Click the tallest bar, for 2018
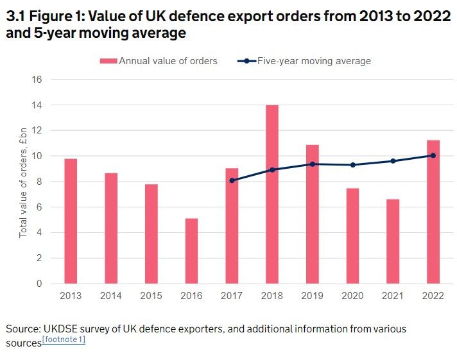click(272, 194)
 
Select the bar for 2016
click(191, 251)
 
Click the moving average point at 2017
click(232, 180)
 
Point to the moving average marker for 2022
click(433, 155)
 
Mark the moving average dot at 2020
click(352, 165)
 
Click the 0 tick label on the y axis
click(39, 284)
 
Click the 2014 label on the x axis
click(110, 296)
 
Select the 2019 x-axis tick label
click(312, 296)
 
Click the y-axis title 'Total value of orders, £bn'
click(23, 182)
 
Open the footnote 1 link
click(64, 340)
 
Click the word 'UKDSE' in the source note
click(64, 329)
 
